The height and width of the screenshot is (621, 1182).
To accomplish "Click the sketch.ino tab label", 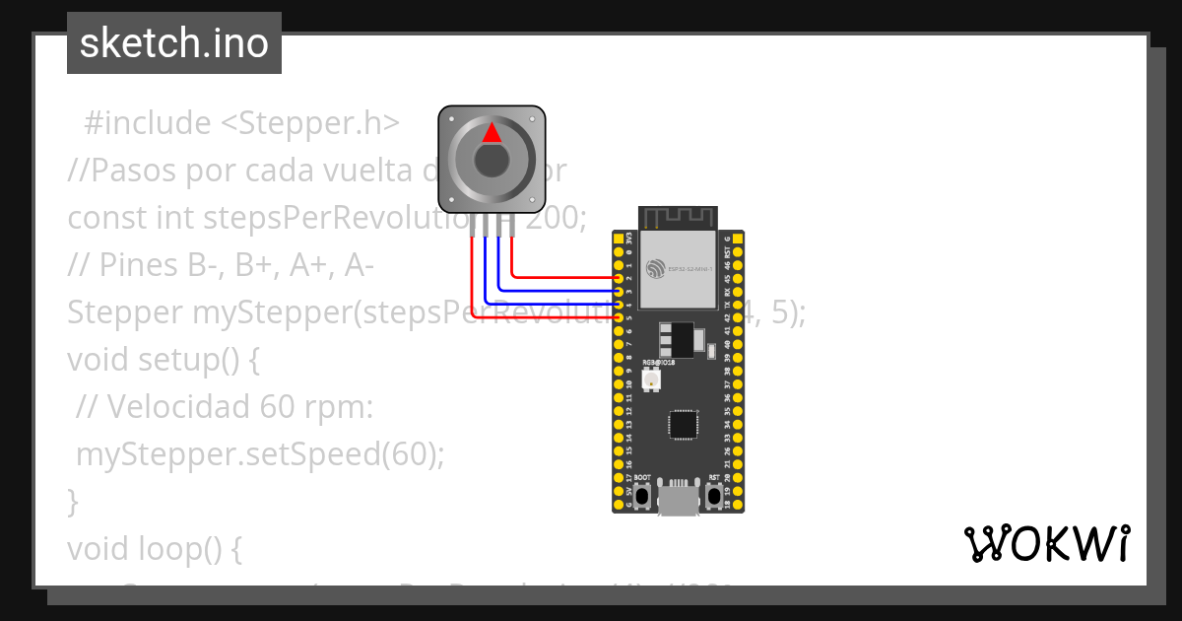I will (x=174, y=43).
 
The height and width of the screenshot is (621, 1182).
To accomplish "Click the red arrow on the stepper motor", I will (x=492, y=134).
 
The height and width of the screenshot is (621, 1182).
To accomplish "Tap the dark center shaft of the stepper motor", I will (x=492, y=160).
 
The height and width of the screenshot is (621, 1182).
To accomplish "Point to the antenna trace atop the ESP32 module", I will (x=678, y=216).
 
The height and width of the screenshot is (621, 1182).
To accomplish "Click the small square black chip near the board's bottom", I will (x=683, y=424).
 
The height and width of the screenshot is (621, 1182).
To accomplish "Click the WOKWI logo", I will (x=1046, y=544).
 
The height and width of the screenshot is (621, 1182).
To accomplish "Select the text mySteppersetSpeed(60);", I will (x=260, y=454).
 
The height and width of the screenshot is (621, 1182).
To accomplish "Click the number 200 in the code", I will (x=555, y=217).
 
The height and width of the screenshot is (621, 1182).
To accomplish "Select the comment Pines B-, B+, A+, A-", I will (x=221, y=265).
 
